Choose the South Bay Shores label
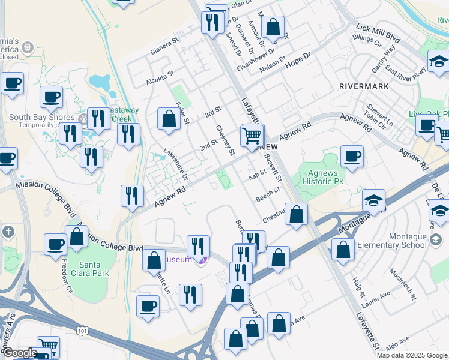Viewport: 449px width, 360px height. coord(42,118)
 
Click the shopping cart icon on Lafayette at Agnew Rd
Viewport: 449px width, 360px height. coord(252,135)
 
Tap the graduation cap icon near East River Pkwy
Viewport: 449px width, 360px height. coord(439,61)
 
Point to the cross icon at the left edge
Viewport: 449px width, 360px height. coord(8,231)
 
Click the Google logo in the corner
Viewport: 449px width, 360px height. coord(19,353)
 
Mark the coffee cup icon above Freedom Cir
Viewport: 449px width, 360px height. coord(56,244)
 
